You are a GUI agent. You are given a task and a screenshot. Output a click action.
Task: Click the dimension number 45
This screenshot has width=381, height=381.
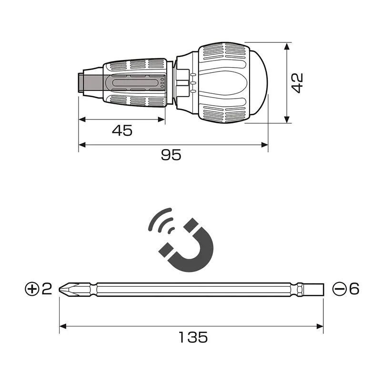(x=122, y=130)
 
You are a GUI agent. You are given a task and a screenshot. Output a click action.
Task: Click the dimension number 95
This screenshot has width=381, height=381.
(x=171, y=154)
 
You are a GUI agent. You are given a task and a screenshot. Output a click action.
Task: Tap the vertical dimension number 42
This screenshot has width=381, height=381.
(x=297, y=83)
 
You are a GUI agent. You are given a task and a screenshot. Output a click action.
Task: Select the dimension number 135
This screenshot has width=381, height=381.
(x=193, y=337)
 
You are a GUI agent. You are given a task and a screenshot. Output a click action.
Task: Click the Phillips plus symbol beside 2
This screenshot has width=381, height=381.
(x=31, y=289)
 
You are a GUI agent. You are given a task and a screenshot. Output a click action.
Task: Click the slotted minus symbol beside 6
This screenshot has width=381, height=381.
(x=339, y=289)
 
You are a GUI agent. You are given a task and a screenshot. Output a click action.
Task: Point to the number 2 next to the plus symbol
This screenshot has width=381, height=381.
(x=46, y=289)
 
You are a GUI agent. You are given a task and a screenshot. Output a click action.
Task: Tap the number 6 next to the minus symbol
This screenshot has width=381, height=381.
(x=354, y=289)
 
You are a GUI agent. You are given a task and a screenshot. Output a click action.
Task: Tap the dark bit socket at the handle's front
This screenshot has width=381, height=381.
(x=90, y=84)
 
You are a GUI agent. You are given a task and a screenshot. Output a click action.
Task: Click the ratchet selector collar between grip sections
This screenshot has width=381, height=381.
(x=183, y=83)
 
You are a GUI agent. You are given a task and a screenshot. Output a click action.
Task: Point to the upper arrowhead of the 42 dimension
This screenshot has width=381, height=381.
(x=287, y=47)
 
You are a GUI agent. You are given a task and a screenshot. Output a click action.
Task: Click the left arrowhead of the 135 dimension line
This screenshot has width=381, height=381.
(x=62, y=326)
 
